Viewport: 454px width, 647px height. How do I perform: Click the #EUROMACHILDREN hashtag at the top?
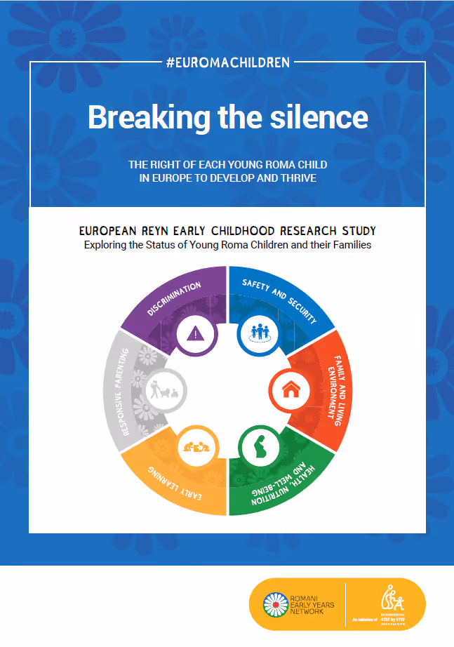point(228,62)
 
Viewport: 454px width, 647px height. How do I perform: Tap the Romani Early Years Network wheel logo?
point(274,604)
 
